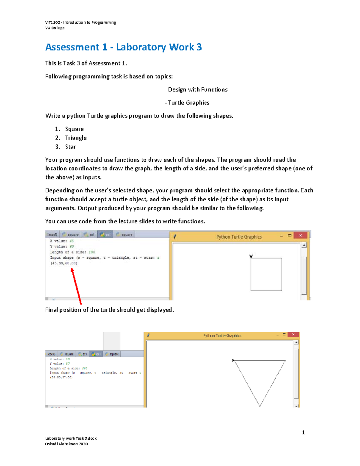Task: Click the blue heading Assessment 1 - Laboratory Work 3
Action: (x=123, y=47)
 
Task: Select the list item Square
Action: (x=74, y=129)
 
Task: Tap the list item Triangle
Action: (x=76, y=138)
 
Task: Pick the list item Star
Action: (x=70, y=147)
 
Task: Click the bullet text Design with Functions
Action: (x=197, y=89)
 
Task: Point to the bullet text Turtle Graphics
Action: (x=188, y=103)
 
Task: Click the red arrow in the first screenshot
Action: (x=76, y=286)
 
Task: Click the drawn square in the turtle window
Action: (x=266, y=274)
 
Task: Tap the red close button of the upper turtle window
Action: (x=300, y=236)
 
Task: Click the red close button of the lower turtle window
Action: (x=293, y=335)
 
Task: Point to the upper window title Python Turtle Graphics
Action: (x=239, y=237)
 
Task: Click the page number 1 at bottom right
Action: (x=303, y=432)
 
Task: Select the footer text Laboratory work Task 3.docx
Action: (x=71, y=438)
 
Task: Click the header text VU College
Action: (x=55, y=28)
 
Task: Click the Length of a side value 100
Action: (x=91, y=252)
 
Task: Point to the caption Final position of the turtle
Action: (x=109, y=310)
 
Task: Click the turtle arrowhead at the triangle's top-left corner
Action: (x=233, y=360)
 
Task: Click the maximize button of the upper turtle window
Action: (x=289, y=236)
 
